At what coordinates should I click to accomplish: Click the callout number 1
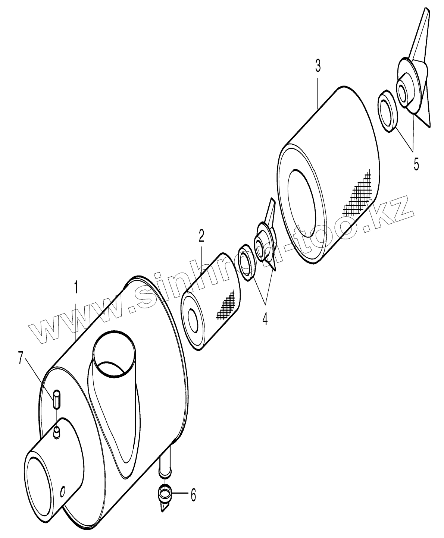[76, 287]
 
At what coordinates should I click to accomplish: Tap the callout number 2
[201, 236]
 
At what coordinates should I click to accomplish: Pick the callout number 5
[416, 164]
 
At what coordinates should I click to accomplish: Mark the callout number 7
[21, 358]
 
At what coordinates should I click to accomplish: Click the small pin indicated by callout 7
[56, 399]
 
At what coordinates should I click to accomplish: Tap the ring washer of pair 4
[245, 261]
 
